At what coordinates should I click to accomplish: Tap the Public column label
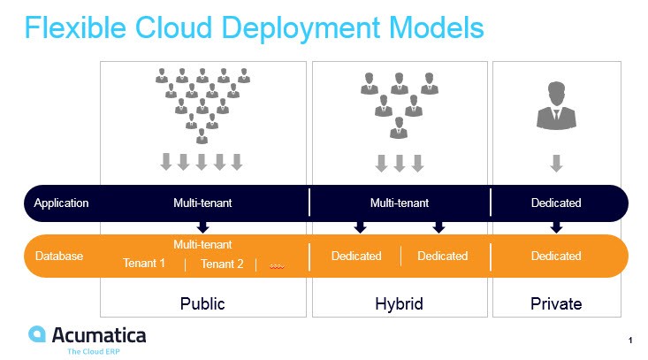click(202, 303)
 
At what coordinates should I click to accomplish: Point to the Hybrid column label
click(399, 303)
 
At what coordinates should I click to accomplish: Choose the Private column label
click(556, 303)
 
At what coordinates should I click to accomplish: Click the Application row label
click(61, 203)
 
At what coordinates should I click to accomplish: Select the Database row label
click(58, 256)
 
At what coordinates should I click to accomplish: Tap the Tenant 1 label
click(144, 264)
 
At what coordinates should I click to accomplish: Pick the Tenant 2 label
click(222, 264)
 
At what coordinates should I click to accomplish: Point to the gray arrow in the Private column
click(556, 163)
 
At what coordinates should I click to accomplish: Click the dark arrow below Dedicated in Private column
click(556, 227)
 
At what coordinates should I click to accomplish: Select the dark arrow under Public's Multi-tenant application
click(202, 227)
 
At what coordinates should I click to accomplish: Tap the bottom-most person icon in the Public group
click(202, 135)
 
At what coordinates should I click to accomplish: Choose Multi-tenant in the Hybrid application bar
click(399, 203)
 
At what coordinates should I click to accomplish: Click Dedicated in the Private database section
click(556, 256)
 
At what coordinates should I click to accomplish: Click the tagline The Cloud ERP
click(95, 351)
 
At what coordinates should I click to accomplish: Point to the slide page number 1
click(630, 340)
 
